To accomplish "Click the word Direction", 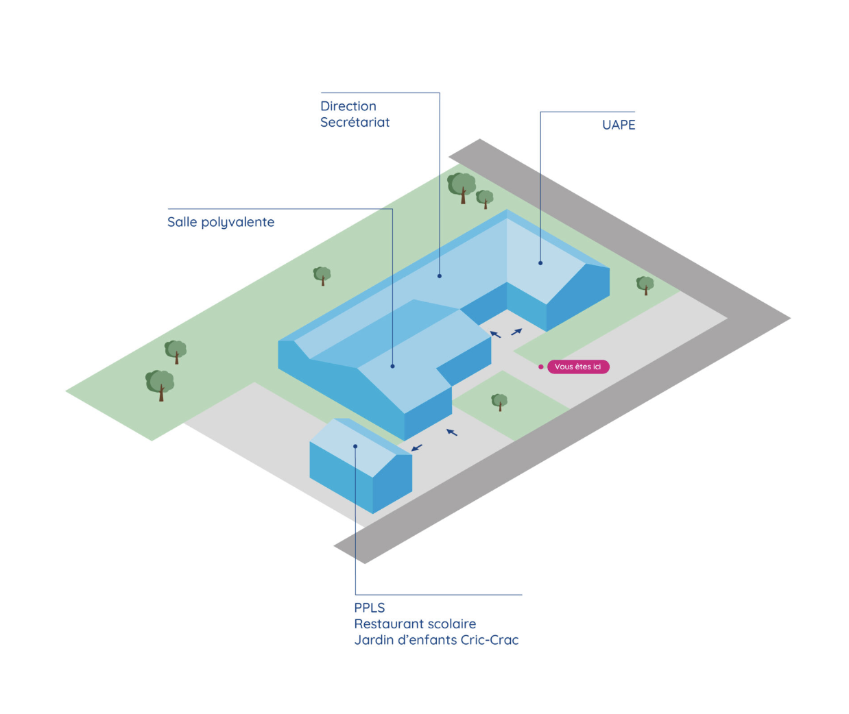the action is [348, 106].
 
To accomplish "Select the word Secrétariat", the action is [355, 122].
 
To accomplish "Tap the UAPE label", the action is [619, 125].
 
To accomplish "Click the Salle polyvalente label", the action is [221, 222].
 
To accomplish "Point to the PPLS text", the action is [369, 608].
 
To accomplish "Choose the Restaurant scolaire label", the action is [415, 624].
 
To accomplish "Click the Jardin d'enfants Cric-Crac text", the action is [436, 640].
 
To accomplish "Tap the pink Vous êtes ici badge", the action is [578, 367].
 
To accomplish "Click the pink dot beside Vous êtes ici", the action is [541, 367].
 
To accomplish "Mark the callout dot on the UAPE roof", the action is [540, 263].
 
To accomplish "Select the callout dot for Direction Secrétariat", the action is [440, 276].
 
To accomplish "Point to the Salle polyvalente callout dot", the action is [392, 366].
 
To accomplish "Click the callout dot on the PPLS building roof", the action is [355, 446].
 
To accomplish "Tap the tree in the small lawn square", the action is [499, 402].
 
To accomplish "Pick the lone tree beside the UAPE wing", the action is [645, 285].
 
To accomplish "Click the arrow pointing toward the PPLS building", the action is [417, 447].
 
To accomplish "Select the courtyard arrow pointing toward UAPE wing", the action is [516, 332].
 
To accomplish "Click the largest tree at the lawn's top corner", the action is [462, 188].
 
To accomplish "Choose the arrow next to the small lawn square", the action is [452, 432].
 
